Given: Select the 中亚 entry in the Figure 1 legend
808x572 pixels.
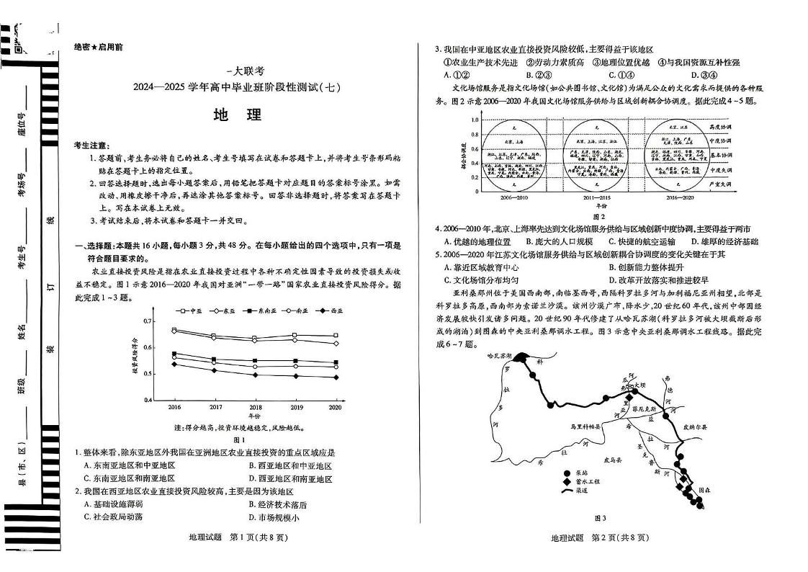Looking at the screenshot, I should (x=189, y=310).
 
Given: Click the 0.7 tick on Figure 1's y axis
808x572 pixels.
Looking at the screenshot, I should (x=148, y=321).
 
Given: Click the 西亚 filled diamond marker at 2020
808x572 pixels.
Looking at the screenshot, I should (x=335, y=377).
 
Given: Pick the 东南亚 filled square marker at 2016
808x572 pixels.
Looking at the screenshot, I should (x=174, y=354).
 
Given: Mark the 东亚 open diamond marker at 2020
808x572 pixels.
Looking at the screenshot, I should (x=335, y=343).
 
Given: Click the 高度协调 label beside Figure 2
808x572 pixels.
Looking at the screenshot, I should (x=720, y=126).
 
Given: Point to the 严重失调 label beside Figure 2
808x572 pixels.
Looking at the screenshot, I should (x=720, y=184).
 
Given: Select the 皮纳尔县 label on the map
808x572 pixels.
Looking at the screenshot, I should (x=695, y=426).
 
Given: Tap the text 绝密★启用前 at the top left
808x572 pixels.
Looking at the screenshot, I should (x=99, y=47).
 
